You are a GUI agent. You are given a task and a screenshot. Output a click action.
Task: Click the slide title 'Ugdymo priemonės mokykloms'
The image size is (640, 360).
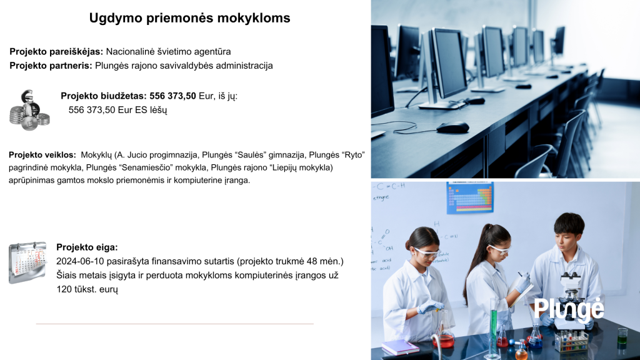click(x=190, y=18)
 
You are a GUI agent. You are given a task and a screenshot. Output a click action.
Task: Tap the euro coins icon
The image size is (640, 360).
click(x=29, y=110)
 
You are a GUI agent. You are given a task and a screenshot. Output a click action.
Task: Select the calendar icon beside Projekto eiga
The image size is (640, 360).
click(x=27, y=262)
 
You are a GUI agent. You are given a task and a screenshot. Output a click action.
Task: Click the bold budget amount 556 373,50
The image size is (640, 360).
click(x=172, y=96)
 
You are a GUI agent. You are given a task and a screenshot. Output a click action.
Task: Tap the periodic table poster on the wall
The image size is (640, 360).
click(x=470, y=197)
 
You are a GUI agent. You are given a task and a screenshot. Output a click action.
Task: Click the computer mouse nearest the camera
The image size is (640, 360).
click(x=452, y=127)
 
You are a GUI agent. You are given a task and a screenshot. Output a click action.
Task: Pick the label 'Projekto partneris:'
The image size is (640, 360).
click(x=51, y=66)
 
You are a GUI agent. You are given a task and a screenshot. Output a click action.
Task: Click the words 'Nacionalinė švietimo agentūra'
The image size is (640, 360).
click(x=168, y=52)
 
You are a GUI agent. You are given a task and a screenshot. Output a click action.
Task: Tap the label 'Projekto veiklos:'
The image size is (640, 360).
click(x=42, y=155)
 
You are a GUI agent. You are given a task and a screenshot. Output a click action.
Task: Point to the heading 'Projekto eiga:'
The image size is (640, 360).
click(x=87, y=247)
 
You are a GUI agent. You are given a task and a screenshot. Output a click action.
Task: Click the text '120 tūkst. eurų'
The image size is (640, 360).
click(x=87, y=289)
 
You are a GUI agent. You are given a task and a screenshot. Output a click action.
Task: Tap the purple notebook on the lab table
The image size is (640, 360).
click(x=400, y=347)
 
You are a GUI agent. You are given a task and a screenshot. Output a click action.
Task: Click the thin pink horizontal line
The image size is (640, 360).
click(x=175, y=324)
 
